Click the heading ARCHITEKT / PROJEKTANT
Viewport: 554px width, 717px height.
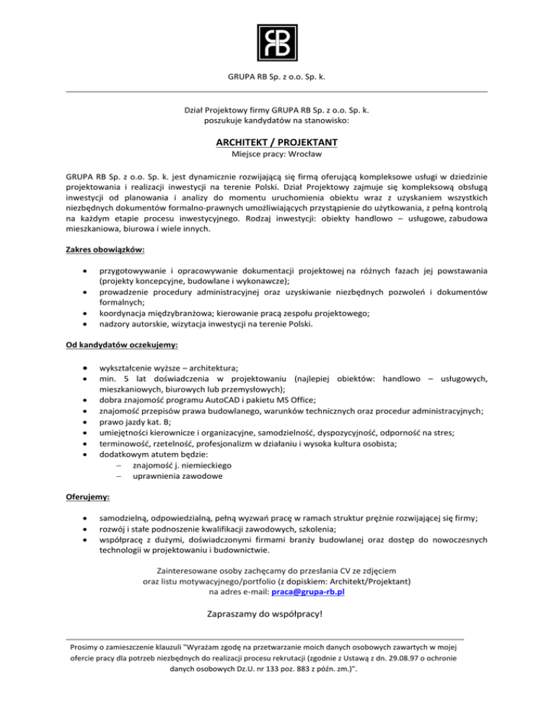click(x=277, y=141)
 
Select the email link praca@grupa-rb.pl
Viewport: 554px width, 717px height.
click(x=309, y=591)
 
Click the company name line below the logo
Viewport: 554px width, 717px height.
click(x=277, y=76)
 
